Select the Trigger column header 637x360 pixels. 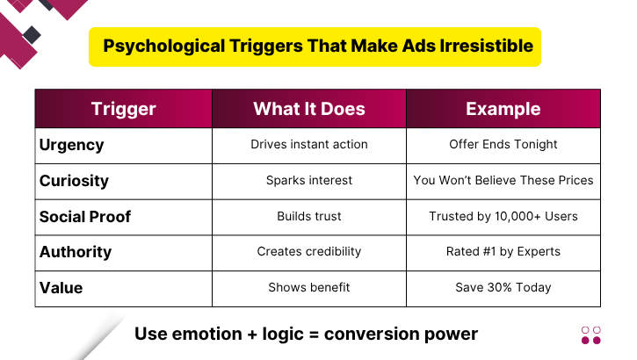[124, 109]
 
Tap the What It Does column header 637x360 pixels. [309, 109]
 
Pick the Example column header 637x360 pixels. [503, 109]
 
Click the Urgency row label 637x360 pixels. [71, 145]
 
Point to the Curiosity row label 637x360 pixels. [74, 181]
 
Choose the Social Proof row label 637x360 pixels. [85, 216]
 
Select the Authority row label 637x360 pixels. [76, 252]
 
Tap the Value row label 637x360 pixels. [61, 288]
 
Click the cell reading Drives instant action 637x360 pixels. [309, 144]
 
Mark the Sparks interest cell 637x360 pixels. [309, 180]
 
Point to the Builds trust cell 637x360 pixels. [309, 216]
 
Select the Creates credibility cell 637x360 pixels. [309, 252]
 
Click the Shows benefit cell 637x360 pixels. [309, 287]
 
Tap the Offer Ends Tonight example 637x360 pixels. [503, 144]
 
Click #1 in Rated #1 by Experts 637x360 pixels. [489, 252]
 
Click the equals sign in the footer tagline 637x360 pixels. [314, 335]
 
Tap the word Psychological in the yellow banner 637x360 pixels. [163, 46]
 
